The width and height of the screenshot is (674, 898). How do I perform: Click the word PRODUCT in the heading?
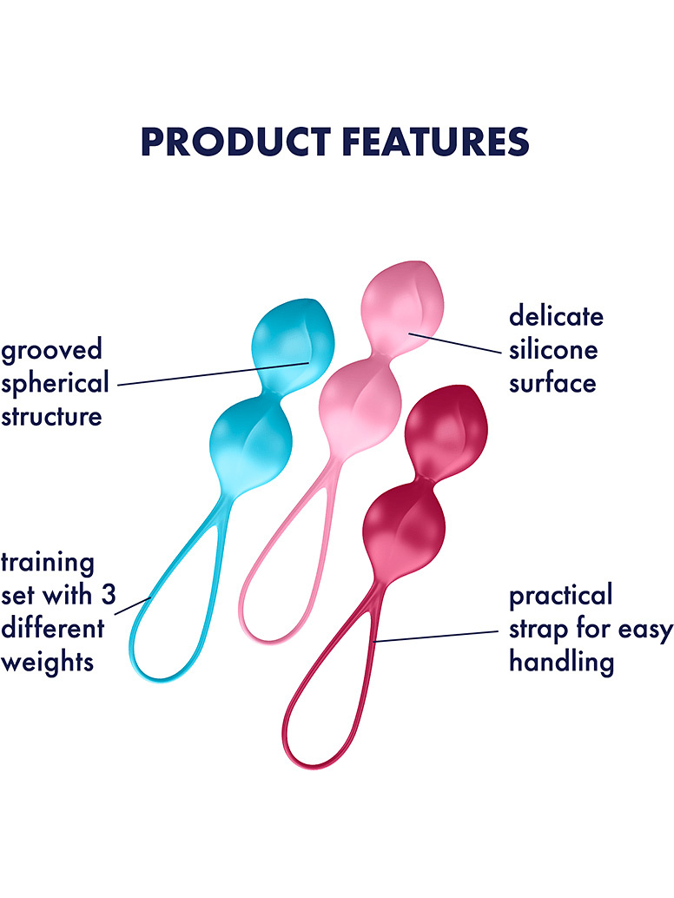pos(235,142)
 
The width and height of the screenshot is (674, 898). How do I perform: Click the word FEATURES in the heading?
pos(436,142)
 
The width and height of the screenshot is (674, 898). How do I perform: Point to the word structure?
pos(51,416)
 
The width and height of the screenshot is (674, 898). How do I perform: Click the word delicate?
pos(556,316)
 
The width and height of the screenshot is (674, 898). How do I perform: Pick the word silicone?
pos(553,349)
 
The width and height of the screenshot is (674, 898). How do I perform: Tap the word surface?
pos(552,383)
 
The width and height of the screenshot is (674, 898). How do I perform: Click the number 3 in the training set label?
pos(109,596)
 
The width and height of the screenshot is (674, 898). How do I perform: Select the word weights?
pos(48,662)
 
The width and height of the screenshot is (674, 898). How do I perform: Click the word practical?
pos(560,596)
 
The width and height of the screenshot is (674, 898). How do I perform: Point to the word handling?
pos(561,663)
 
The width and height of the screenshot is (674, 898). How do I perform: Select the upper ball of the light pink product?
pos(402,307)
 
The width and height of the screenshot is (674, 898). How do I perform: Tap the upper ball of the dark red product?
pos(446,431)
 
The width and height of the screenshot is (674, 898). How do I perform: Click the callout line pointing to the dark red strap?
pos(435,637)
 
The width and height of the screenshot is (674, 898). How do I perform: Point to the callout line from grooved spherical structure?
pos(214,373)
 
